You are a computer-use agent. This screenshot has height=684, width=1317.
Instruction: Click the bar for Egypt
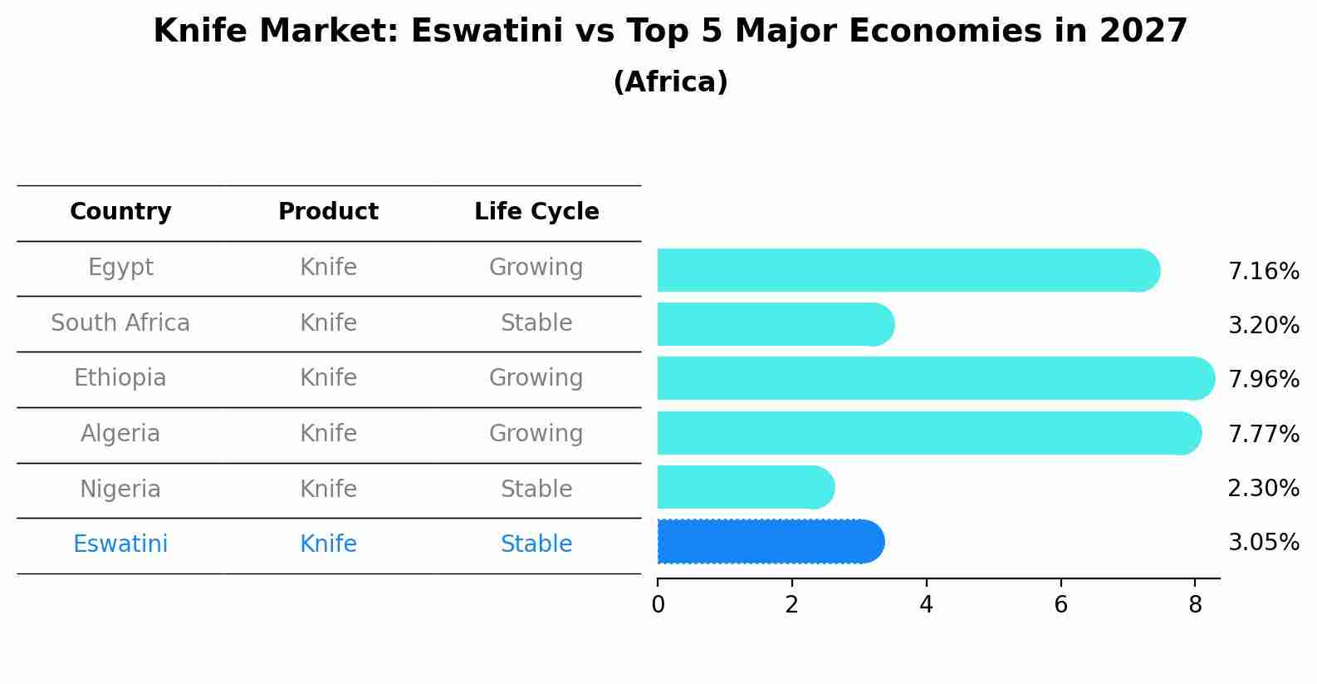[905, 270]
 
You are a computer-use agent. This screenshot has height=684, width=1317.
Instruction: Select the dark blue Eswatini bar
[768, 542]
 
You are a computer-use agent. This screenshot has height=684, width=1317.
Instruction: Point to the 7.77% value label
[1263, 434]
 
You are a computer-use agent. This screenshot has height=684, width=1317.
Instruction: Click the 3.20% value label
[1263, 325]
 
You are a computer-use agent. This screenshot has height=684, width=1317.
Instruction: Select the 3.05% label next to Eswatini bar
[1263, 543]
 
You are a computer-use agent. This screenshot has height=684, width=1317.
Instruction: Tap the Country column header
[120, 212]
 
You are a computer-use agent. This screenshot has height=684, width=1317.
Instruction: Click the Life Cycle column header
[536, 212]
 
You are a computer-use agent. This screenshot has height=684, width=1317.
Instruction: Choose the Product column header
[328, 212]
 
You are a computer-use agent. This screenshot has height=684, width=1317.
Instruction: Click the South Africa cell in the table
[120, 323]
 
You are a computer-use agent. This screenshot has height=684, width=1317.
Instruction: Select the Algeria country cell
[120, 434]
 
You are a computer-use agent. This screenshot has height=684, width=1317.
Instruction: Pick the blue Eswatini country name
[120, 544]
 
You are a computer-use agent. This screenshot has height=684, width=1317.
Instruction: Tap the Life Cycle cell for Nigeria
[536, 490]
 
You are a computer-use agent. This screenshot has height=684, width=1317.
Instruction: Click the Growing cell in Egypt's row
[536, 268]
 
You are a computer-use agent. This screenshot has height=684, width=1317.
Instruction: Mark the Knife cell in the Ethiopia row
[328, 378]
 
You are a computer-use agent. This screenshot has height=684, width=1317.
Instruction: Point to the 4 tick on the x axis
[926, 605]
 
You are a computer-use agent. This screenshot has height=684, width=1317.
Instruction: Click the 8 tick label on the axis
[1195, 605]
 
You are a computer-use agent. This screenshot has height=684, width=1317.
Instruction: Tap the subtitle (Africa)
[670, 82]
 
